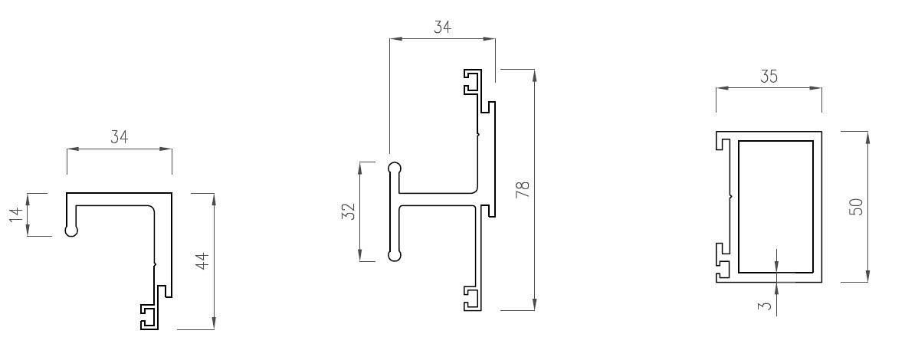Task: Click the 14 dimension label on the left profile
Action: (15, 214)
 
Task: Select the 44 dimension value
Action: (202, 261)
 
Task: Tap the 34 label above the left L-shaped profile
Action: (119, 137)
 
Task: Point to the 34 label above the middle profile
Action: (442, 28)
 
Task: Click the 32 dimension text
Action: (346, 211)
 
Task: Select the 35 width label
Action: (769, 77)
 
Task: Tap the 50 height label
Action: (856, 206)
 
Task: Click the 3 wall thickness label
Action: (764, 306)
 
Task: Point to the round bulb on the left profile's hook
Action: (71, 229)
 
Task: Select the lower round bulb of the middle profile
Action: (395, 255)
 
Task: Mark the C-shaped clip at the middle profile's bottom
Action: (472, 299)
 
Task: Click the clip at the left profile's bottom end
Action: (149, 316)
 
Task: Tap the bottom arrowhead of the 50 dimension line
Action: (867, 277)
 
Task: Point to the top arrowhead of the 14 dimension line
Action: (28, 198)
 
